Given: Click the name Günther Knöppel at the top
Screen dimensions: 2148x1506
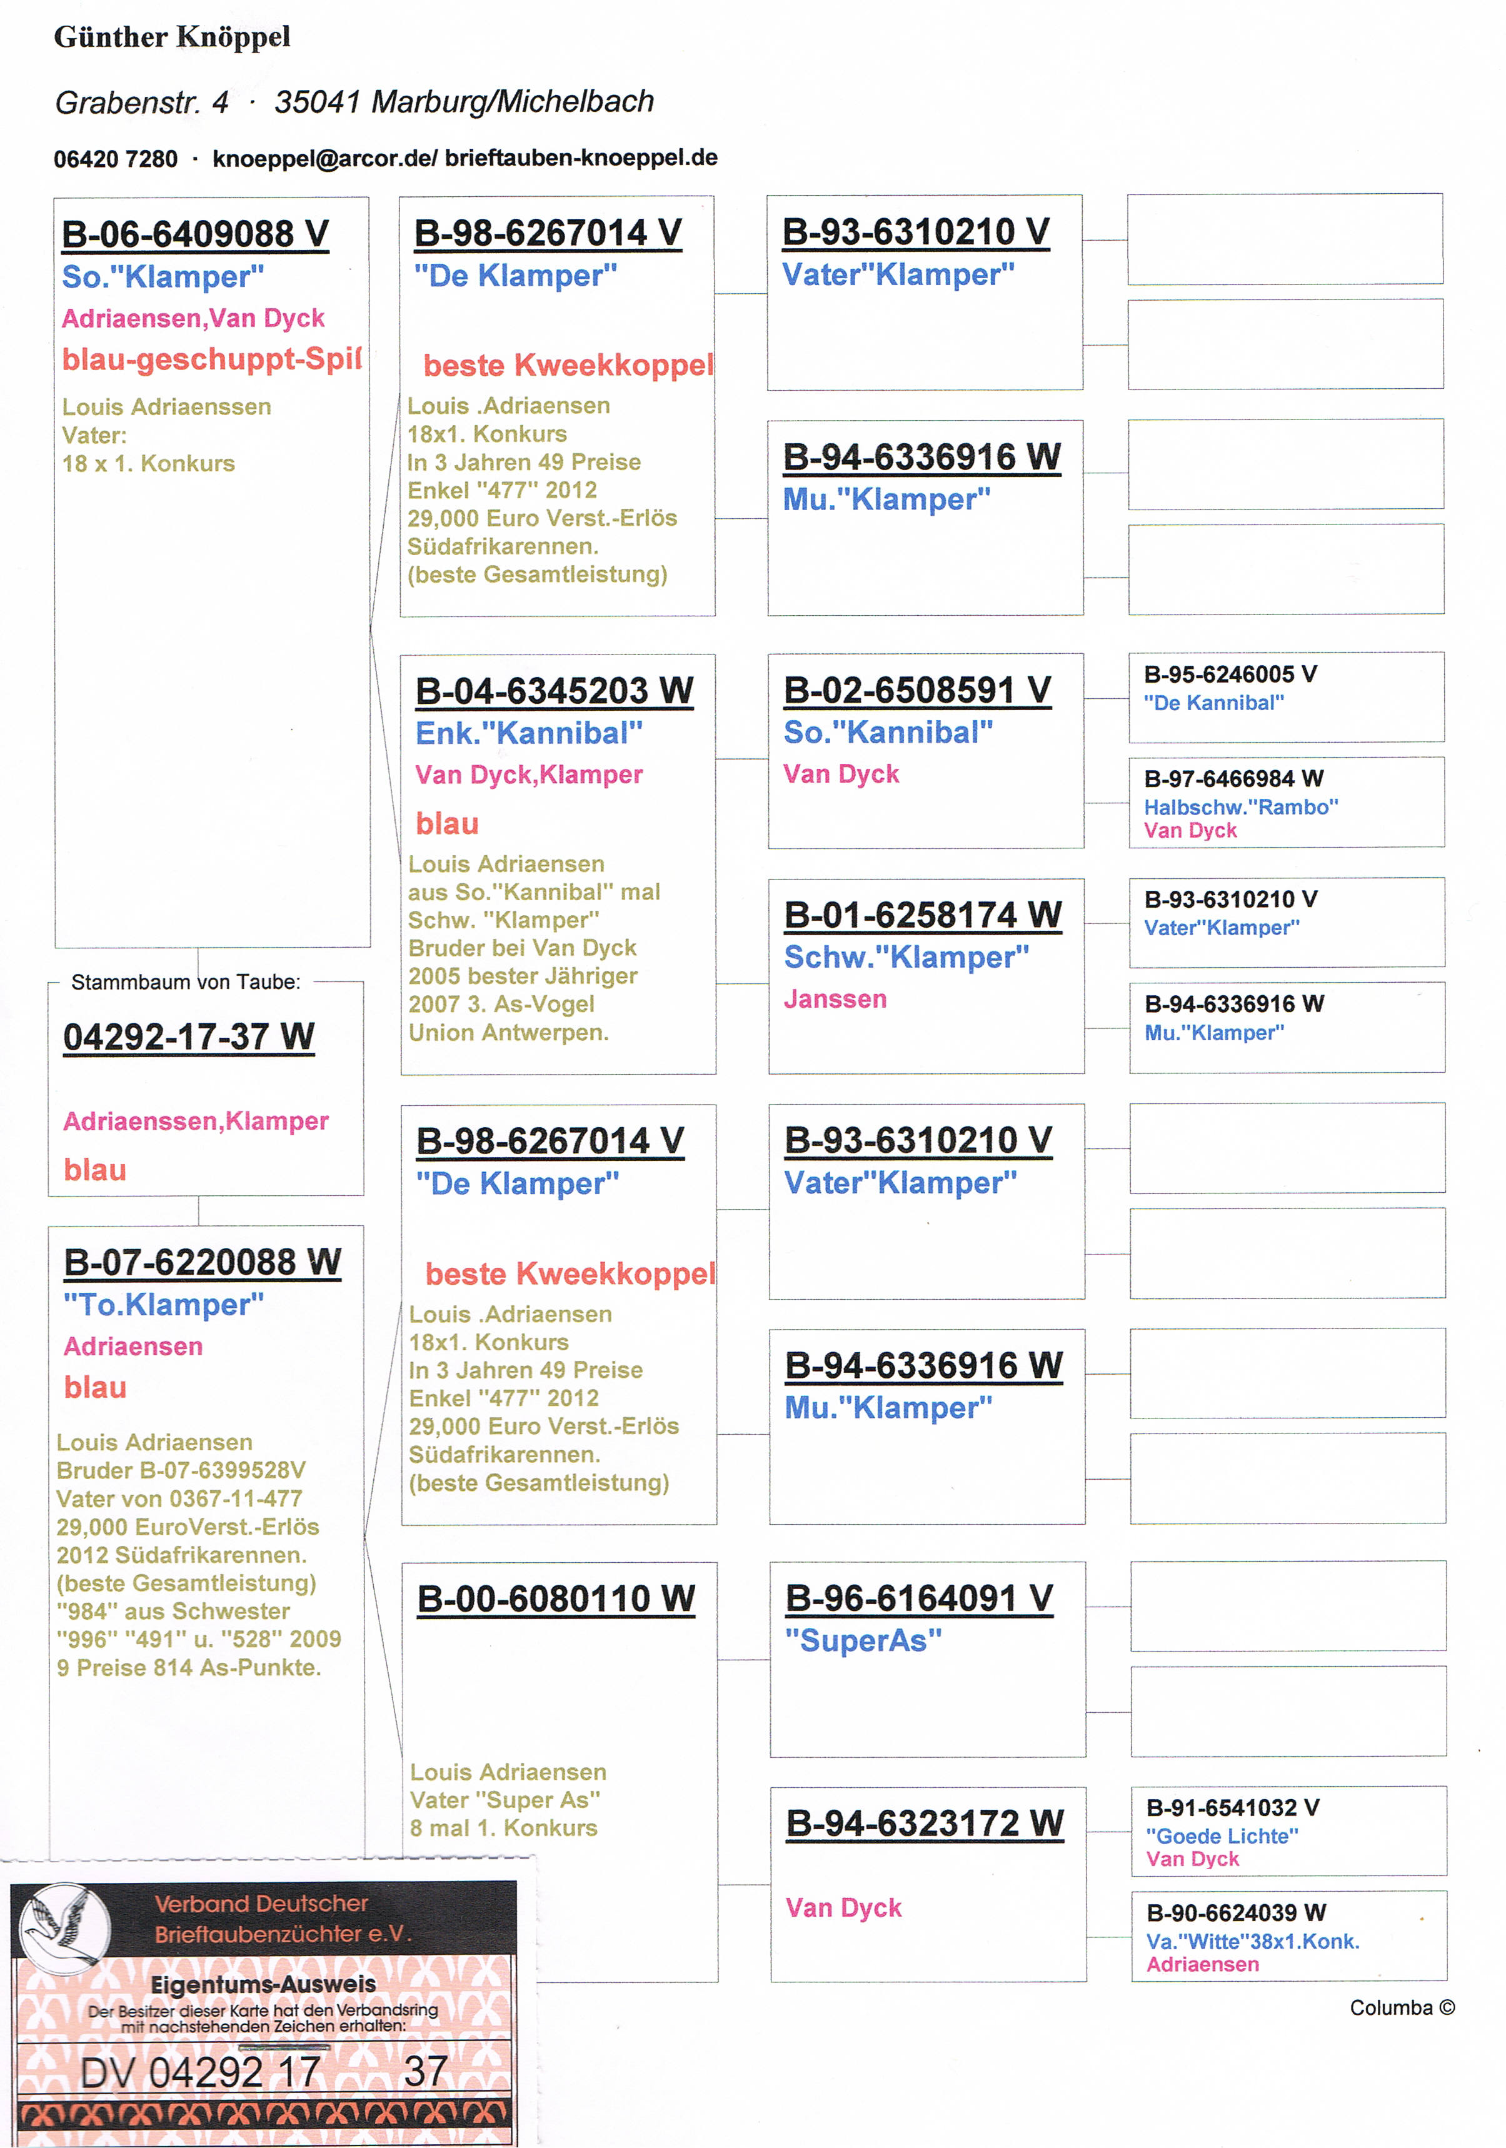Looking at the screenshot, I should (x=172, y=38).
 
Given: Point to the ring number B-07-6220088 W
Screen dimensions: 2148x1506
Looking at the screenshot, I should (x=202, y=1262).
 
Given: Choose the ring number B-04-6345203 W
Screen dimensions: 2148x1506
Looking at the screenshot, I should (x=554, y=691).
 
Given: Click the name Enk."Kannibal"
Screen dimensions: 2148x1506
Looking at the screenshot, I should (x=528, y=733).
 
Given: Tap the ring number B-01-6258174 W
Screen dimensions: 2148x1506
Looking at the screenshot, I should (x=922, y=915).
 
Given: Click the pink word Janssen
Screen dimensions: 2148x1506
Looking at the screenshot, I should (x=835, y=999).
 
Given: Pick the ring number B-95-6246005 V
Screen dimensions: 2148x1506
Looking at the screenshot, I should (x=1230, y=675).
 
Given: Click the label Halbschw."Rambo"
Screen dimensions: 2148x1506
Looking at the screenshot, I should (x=1240, y=807).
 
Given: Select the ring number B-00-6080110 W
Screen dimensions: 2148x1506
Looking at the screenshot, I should (x=556, y=1599).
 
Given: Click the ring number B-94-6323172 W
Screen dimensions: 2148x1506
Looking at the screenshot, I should (x=924, y=1824).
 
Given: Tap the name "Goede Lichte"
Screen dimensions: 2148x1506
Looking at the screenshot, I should (x=1222, y=1837).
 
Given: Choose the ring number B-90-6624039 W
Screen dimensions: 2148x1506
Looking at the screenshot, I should (x=1236, y=1912).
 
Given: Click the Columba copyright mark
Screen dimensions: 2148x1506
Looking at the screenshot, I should (x=1401, y=2008).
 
